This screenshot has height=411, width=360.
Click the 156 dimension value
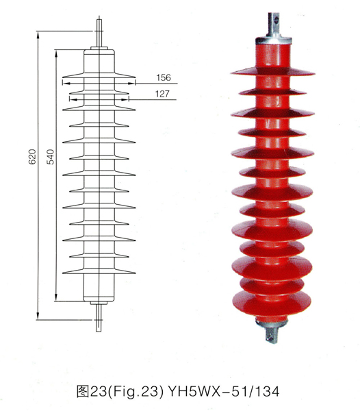[164, 77]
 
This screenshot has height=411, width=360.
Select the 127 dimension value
[162, 94]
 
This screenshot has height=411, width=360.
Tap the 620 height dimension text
[32, 157]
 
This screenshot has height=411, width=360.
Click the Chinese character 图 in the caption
[83, 392]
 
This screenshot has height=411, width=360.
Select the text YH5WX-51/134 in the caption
[223, 392]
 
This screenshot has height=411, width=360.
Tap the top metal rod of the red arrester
[274, 24]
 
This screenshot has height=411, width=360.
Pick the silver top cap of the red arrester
[274, 40]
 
